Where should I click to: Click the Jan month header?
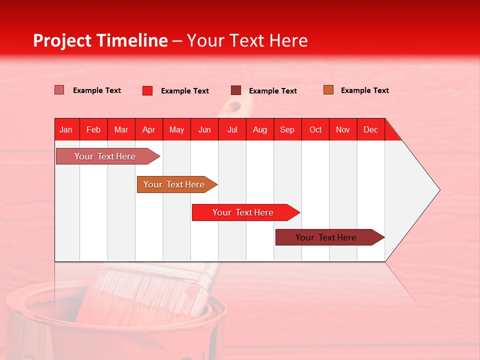tap(66, 129)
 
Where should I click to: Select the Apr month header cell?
tap(149, 129)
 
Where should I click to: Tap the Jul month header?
tap(232, 129)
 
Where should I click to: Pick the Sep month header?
tap(287, 129)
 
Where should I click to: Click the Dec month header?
tap(370, 129)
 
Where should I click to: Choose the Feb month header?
tap(93, 129)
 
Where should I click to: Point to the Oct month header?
tap(315, 129)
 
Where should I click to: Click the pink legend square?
tap(59, 90)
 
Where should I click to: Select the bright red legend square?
tap(147, 90)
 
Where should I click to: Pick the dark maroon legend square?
tap(236, 90)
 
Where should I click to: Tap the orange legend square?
tap(328, 90)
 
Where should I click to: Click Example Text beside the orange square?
tap(364, 90)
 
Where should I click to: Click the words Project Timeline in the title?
tap(100, 40)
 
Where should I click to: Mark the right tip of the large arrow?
tap(439, 190)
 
